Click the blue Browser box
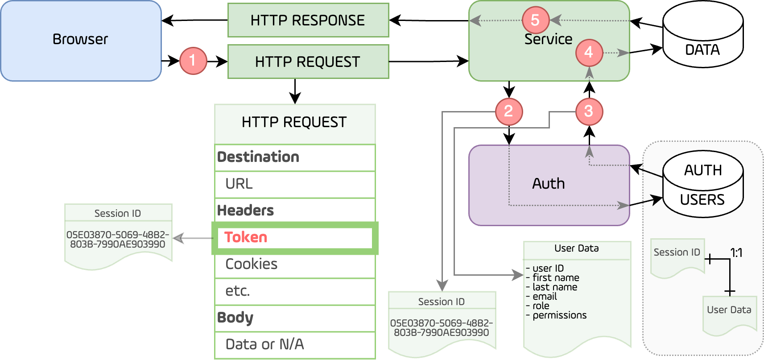click(81, 41)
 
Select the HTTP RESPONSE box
click(308, 21)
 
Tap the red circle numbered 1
click(193, 61)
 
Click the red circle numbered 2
click(508, 112)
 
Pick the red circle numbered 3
click(589, 112)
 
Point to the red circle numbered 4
click(589, 53)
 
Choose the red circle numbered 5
click(535, 20)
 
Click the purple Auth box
click(549, 184)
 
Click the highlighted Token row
click(294, 238)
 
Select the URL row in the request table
click(294, 184)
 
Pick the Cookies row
click(294, 265)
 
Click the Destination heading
click(258, 157)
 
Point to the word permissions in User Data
click(559, 315)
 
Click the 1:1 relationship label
click(736, 253)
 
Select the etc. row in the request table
click(294, 291)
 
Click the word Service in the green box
click(548, 39)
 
